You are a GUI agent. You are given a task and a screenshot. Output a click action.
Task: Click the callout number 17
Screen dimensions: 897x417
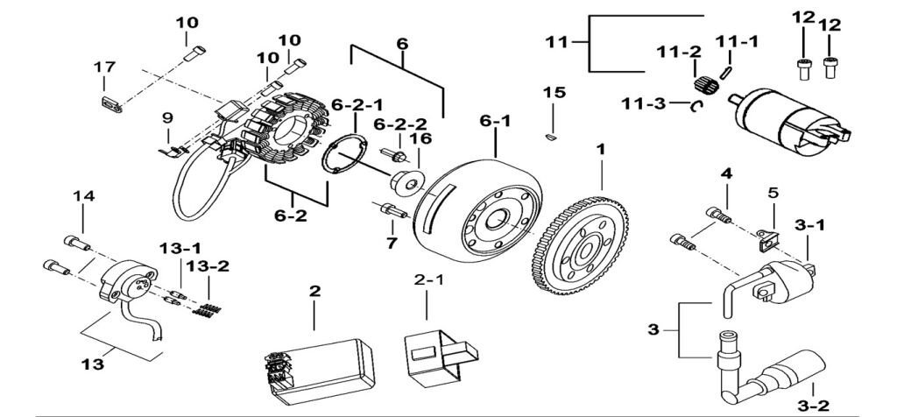pos(104,67)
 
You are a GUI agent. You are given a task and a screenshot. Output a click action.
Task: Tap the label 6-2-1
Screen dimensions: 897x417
pos(357,105)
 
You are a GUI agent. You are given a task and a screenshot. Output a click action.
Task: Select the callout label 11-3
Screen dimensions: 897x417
pos(645,103)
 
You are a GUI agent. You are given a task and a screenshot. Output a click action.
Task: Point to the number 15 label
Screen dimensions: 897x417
pos(554,92)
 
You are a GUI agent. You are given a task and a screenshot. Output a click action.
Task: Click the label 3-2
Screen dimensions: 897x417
pos(813,406)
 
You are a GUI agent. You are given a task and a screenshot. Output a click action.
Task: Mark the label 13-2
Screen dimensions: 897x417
pos(208,266)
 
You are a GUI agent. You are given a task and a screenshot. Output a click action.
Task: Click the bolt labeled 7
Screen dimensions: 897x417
pos(393,210)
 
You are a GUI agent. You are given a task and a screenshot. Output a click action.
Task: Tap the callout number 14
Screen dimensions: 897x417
pos(83,196)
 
